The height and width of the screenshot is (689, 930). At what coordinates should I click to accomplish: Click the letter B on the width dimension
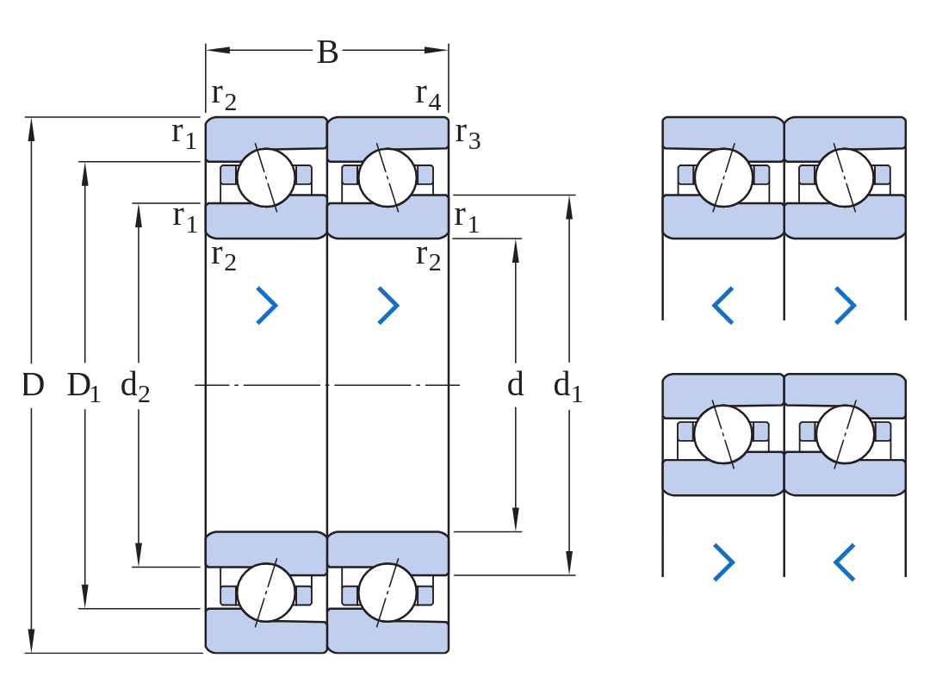(x=327, y=53)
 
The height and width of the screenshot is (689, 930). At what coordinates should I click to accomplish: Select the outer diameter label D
(x=34, y=385)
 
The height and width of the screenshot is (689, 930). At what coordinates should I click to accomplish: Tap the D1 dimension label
(x=84, y=387)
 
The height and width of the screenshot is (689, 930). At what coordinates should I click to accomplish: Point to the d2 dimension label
(x=135, y=386)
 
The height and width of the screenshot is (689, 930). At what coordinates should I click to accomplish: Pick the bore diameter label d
(x=516, y=384)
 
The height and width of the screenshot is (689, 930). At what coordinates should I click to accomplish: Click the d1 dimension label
(x=567, y=386)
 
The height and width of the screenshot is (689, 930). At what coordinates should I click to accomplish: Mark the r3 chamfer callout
(x=468, y=136)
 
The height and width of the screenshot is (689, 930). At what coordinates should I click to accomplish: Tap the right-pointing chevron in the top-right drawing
(x=846, y=306)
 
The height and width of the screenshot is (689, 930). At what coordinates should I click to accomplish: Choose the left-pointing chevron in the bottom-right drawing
(x=845, y=562)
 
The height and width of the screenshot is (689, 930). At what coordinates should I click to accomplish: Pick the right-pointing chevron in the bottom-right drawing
(x=723, y=562)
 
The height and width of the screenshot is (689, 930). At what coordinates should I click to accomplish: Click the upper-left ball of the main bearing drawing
(x=266, y=177)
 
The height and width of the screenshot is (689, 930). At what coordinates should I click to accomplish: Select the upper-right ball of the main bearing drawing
(x=387, y=177)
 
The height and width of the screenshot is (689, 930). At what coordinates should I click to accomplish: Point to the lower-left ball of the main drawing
(x=266, y=593)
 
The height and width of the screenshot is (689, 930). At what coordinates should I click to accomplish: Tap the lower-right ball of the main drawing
(x=387, y=593)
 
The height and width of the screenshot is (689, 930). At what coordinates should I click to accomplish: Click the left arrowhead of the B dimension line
(x=218, y=50)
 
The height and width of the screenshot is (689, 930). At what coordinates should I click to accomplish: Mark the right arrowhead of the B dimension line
(x=437, y=50)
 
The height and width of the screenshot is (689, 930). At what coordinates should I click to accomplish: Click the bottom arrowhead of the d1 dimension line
(x=569, y=562)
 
